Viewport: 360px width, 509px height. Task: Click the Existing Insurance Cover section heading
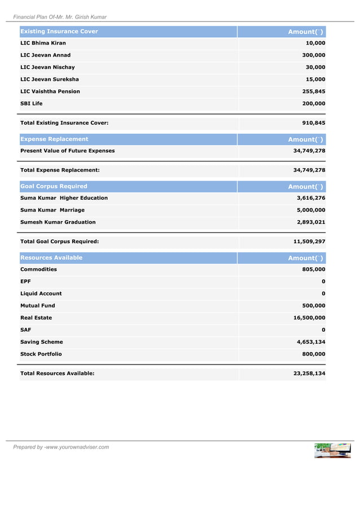(59, 32)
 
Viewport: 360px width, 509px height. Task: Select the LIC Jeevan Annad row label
(46, 55)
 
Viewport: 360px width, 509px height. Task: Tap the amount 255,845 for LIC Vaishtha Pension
(311, 91)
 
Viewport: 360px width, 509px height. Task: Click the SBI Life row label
(32, 104)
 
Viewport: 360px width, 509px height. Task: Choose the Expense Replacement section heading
(54, 139)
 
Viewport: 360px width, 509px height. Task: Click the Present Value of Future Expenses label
(68, 151)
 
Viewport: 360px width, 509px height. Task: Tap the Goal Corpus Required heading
(54, 186)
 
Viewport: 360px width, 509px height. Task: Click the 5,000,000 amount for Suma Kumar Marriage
(311, 210)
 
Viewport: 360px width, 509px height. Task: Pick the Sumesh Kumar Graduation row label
(58, 222)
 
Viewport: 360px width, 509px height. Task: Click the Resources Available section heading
(51, 258)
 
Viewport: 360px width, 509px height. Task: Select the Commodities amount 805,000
(314, 270)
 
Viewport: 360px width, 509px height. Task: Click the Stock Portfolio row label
(41, 354)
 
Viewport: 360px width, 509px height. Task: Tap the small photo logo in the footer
(332, 450)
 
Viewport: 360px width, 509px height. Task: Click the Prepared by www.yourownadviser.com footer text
(62, 447)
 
